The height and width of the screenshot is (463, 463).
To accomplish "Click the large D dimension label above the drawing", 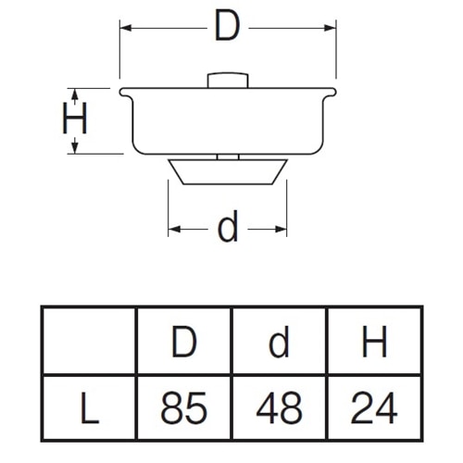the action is (228, 25).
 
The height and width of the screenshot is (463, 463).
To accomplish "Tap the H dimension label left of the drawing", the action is (75, 119).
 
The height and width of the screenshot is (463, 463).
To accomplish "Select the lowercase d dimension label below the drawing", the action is (228, 226).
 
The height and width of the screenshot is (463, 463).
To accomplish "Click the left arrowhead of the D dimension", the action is (126, 28).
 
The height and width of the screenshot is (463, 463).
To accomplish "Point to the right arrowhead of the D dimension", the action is (330, 28).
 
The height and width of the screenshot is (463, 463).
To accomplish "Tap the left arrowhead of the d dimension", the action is (174, 229).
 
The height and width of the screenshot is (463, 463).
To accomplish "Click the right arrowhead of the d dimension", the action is (281, 229).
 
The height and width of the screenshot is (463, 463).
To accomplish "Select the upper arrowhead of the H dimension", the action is (75, 94).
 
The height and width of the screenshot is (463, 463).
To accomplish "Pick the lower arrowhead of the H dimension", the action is (75, 147).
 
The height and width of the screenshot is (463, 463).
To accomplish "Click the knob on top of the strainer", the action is (228, 81).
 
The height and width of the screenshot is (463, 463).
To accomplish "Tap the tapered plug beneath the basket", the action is (228, 172).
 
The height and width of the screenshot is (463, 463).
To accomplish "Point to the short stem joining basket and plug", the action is (228, 156).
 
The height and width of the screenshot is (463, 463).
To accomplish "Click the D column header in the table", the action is (184, 342).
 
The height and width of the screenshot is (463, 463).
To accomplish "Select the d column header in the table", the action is (279, 342).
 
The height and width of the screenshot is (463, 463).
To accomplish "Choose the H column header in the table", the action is (374, 342).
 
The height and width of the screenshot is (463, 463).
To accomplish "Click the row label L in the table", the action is (90, 407).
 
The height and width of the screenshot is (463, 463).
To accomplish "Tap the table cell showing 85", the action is (183, 407).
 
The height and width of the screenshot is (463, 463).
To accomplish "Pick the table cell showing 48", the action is (279, 407).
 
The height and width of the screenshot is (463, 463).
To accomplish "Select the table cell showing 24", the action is (374, 407).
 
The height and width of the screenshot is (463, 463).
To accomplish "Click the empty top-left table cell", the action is (90, 341).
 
